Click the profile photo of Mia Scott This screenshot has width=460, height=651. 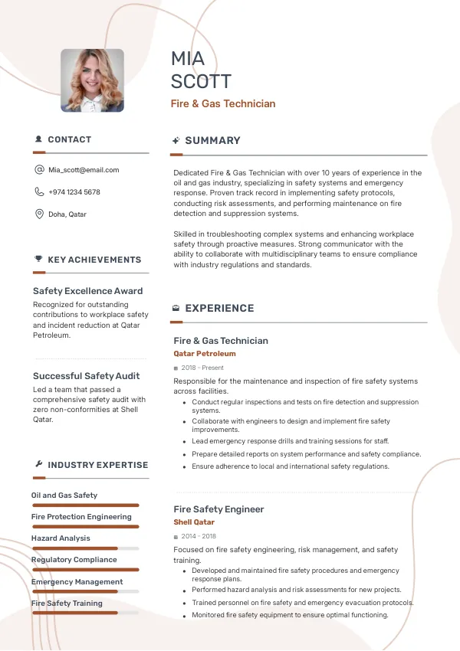(x=92, y=80)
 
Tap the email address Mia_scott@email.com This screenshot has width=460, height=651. (x=84, y=170)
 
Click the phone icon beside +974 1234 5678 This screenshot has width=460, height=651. (x=39, y=192)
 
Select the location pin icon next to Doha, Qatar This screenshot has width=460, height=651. (x=39, y=214)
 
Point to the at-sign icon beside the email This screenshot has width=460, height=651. (x=39, y=170)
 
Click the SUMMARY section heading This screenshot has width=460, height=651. (x=212, y=141)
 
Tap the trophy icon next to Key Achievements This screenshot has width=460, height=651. (x=38, y=260)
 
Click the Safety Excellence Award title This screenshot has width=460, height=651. (x=87, y=291)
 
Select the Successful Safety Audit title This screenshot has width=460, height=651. (x=86, y=376)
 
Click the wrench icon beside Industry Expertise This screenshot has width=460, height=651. (x=38, y=465)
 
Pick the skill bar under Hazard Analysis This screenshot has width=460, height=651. (x=85, y=548)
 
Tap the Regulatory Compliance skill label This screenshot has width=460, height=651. (x=74, y=560)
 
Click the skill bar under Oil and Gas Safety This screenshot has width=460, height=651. (x=85, y=505)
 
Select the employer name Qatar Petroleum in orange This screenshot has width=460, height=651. (x=205, y=354)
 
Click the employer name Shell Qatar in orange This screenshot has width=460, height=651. (x=194, y=522)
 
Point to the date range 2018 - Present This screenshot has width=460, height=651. (x=202, y=368)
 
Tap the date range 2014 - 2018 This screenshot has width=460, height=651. (x=199, y=537)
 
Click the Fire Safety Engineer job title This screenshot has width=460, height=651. (x=219, y=509)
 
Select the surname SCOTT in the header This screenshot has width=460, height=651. (x=201, y=82)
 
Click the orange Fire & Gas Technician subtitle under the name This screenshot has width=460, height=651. (x=222, y=103)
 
